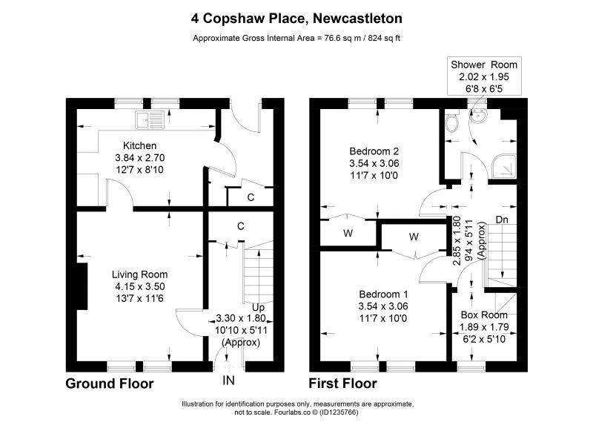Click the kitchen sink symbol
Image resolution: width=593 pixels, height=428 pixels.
[150, 119]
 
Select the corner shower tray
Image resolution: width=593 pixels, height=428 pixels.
[504, 166]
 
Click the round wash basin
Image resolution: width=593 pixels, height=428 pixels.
[478, 116]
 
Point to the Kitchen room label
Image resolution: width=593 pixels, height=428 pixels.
[139, 145]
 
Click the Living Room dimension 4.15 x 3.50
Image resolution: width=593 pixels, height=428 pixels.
[140, 286]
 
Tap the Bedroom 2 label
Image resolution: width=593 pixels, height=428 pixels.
[374, 151]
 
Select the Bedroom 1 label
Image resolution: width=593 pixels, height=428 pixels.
[383, 294]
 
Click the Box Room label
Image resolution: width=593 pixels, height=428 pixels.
[484, 315]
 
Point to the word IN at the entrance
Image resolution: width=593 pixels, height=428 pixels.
[229, 380]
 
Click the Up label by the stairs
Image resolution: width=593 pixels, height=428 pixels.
[258, 307]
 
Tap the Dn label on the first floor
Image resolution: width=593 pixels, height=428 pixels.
[502, 220]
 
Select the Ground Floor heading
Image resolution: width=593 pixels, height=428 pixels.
[110, 383]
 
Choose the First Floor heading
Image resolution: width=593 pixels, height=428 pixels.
[342, 383]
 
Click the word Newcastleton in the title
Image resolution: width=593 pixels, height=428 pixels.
[358, 18]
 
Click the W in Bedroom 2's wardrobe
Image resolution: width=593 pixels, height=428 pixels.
[348, 233]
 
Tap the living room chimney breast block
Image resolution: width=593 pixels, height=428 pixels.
[82, 286]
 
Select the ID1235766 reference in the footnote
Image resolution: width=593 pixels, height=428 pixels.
[339, 412]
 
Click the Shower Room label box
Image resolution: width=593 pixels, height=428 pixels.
[484, 77]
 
